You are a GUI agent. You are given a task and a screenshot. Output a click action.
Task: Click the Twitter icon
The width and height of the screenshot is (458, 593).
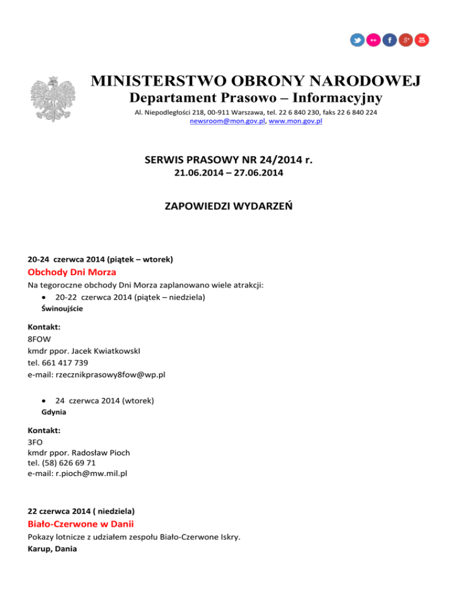[x=357, y=40]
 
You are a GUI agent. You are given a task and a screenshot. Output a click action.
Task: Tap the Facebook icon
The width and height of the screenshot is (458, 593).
[x=389, y=40]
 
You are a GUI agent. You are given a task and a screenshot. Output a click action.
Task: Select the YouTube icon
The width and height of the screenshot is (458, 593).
[x=422, y=40]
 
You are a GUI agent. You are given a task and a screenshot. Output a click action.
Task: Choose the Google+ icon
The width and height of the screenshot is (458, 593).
[x=406, y=40]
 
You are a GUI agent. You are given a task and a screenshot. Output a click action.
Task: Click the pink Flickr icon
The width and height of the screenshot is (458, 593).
[x=373, y=40]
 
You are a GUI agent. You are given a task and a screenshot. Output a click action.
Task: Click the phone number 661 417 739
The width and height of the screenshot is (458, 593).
[x=70, y=362]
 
